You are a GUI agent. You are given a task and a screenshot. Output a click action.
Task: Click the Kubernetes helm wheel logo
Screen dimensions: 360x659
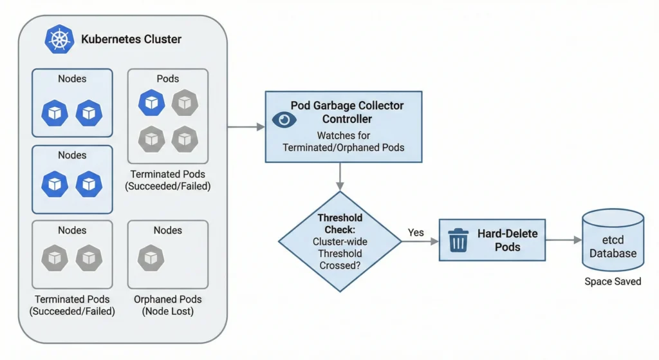point(60,39)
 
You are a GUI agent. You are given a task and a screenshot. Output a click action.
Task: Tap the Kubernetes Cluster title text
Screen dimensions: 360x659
point(131,39)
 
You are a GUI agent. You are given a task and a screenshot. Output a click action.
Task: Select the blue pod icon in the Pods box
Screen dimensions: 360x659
point(151,102)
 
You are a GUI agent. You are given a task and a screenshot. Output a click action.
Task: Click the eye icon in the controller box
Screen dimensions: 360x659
point(284,119)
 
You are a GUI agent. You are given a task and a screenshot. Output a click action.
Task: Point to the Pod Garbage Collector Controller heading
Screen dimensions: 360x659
point(347,111)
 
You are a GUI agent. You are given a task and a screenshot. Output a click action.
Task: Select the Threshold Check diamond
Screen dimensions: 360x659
point(340,242)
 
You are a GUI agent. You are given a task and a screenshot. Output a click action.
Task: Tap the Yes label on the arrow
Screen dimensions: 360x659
point(416,232)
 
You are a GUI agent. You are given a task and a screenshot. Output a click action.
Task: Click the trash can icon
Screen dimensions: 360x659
point(458,240)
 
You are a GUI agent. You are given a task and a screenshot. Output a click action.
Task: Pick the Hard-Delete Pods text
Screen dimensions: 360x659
point(508,240)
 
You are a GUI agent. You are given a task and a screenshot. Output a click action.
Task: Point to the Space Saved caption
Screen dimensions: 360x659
point(613,281)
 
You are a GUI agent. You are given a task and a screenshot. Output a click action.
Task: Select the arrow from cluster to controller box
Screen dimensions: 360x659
point(246,127)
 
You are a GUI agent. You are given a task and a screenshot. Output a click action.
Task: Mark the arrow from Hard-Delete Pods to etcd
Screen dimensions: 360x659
point(564,240)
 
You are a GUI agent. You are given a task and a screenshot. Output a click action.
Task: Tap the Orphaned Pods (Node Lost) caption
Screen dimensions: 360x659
point(167,305)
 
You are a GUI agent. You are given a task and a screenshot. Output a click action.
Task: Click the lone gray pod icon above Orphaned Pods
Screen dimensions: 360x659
point(151,258)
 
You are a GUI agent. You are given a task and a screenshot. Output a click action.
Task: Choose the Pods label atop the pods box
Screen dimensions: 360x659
point(168,79)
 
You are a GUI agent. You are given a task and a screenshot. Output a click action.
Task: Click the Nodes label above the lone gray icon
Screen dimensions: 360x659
point(167,230)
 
